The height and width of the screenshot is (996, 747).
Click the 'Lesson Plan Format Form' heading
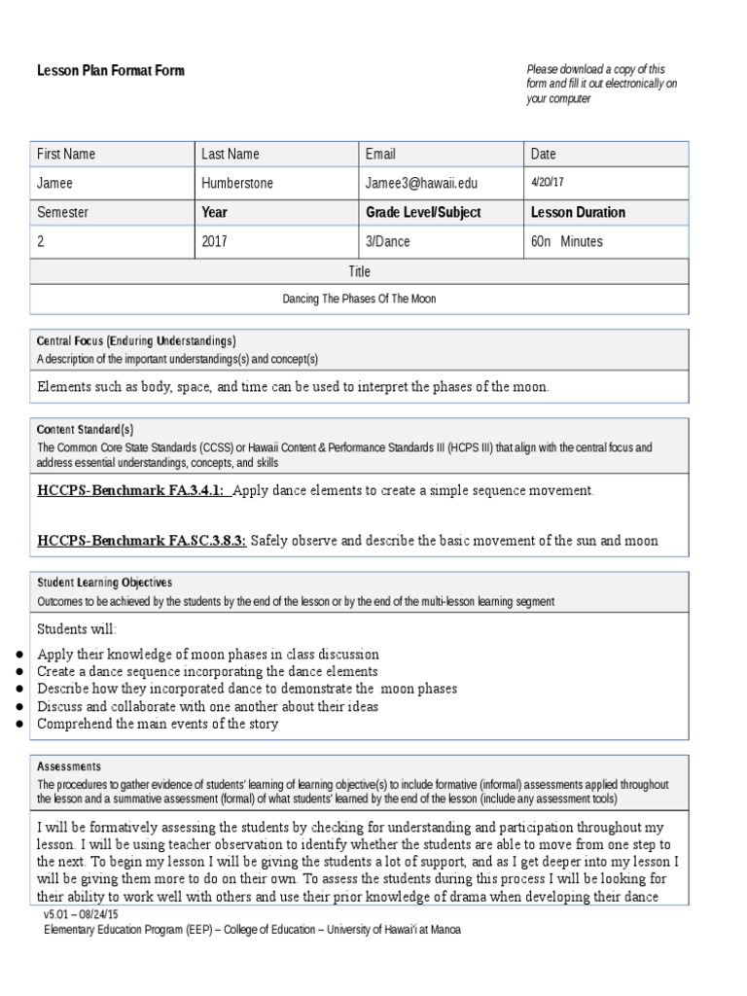(110, 71)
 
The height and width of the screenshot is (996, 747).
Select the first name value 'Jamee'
(55, 183)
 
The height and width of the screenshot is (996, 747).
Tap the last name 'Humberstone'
(238, 183)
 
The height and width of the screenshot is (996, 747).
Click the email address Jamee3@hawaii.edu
(421, 183)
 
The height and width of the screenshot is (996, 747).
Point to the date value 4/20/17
(549, 182)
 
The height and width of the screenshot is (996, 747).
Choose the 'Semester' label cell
(63, 212)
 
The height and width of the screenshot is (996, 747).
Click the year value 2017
(214, 241)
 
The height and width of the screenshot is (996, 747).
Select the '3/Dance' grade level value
(388, 241)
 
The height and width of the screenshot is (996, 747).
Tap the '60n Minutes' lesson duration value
(567, 241)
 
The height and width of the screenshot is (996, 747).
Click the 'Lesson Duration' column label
(578, 212)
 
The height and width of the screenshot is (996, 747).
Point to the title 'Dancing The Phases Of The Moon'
(359, 299)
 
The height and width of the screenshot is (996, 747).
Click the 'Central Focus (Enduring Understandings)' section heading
(136, 341)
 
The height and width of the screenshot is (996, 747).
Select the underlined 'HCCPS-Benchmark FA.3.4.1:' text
(132, 490)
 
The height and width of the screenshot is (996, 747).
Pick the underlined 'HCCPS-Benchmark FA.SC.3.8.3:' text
(142, 540)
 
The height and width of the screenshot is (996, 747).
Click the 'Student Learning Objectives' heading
(105, 583)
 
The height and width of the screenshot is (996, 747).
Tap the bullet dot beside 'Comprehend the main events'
(20, 725)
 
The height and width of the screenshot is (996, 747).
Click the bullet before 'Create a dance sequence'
(20, 672)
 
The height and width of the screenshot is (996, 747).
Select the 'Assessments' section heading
(69, 766)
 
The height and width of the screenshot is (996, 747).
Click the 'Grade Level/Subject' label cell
(423, 212)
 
